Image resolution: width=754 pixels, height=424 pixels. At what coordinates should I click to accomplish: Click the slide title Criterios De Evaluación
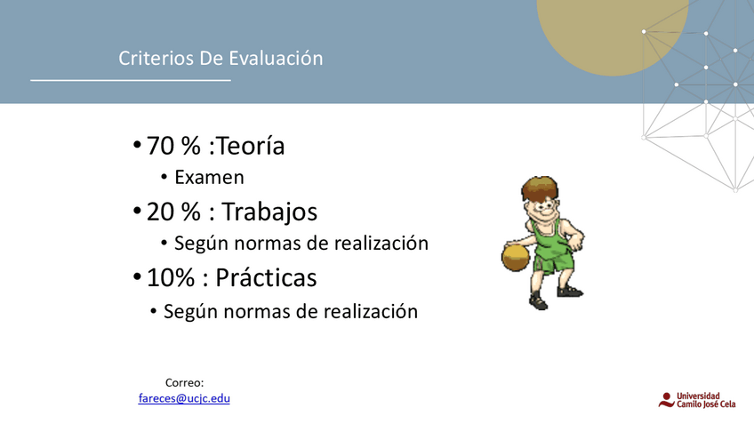pos(221,58)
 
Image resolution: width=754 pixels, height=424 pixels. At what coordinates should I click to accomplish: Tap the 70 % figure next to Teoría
pos(173,146)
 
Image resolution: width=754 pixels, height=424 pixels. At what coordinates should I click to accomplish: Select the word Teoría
pos(251,145)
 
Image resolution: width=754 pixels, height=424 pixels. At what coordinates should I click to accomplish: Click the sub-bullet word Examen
pos(209,178)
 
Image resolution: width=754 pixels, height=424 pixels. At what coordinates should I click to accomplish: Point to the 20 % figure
pos(173,212)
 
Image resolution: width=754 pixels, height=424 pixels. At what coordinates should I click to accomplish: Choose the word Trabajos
pos(269,212)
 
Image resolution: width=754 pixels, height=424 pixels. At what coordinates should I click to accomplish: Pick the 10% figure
pos(170,277)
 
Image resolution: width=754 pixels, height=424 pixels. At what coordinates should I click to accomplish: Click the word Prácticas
pos(266,277)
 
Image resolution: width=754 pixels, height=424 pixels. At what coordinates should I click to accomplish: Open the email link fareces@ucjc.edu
pos(184,398)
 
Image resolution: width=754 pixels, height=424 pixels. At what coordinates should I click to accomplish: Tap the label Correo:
pos(185,382)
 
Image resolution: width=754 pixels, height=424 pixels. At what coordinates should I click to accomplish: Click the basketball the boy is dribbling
pos(516,258)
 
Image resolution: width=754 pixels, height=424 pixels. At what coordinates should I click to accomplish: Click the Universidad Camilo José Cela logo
pos(697,400)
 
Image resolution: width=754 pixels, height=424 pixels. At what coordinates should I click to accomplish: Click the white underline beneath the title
pos(131,80)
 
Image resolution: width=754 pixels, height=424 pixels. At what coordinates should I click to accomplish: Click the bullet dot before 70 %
pos(137,144)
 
